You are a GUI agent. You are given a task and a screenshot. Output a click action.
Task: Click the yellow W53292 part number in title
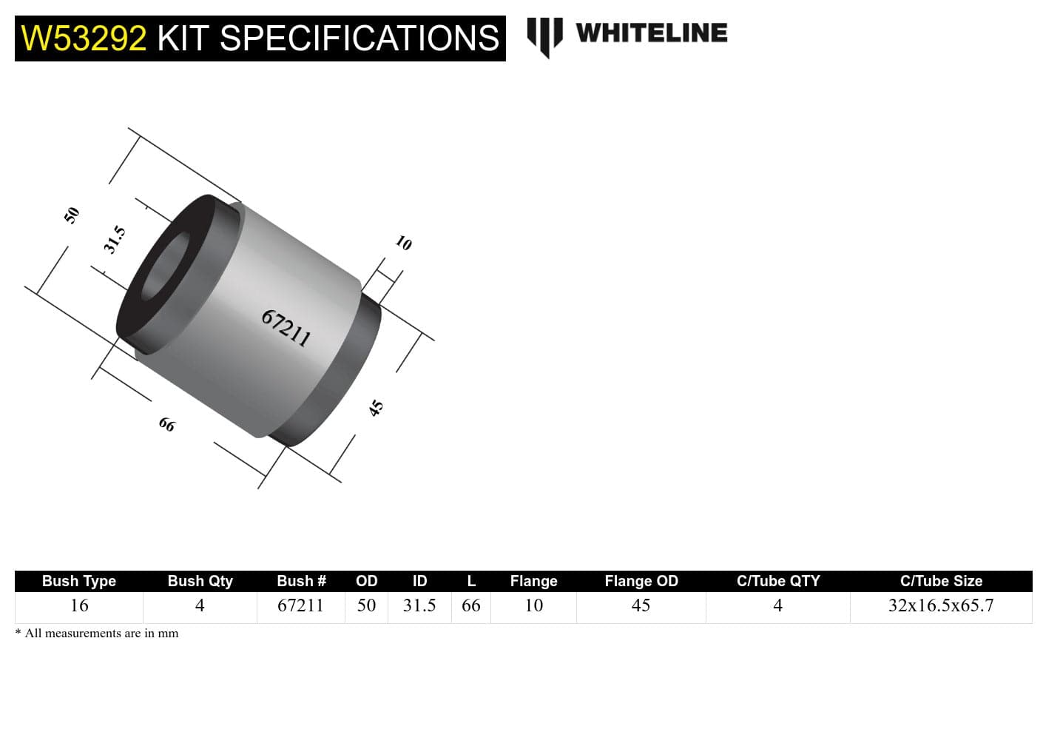point(84,38)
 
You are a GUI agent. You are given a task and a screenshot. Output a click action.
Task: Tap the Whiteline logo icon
point(544,36)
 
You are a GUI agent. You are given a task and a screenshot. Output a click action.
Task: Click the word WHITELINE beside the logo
point(651,33)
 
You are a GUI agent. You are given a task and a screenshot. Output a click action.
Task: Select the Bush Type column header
point(78,581)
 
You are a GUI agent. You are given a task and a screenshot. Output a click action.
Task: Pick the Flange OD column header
point(641,581)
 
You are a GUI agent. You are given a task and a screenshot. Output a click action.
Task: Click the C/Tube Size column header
point(940,581)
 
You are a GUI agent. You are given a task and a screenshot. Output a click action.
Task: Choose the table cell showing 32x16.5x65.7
point(940,605)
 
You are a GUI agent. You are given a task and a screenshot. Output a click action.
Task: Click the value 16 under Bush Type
point(78,605)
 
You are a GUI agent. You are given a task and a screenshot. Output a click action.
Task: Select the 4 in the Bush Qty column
point(199,605)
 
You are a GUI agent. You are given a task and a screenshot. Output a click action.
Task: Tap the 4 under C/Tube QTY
point(777,605)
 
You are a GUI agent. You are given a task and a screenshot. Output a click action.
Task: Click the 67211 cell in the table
point(300,605)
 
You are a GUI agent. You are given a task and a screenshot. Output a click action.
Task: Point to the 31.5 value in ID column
point(419,605)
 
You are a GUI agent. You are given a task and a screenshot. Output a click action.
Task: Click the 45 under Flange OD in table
point(641,605)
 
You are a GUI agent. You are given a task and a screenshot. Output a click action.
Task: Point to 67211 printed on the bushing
point(286,328)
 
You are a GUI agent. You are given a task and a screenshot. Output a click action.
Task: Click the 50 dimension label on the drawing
point(71,215)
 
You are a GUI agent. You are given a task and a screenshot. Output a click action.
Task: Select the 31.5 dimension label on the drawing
point(114,241)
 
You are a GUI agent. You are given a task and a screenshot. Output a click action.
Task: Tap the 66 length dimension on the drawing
point(167,425)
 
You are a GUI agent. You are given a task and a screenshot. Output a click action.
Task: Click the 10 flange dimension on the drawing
point(403,243)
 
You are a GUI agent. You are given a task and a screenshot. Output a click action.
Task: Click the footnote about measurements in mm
point(97,634)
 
